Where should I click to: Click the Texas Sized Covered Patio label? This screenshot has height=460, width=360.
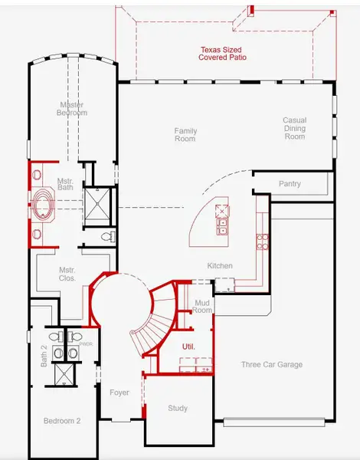pos(222,54)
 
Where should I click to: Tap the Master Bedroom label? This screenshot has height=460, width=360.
pos(72,109)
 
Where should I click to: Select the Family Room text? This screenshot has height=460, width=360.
pos(185,135)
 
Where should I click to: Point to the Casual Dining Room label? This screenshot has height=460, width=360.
pos(295,128)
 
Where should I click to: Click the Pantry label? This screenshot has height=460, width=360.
pos(290,184)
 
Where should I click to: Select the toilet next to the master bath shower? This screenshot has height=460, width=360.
pos(108,236)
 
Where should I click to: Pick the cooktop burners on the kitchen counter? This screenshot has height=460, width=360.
pos(262,242)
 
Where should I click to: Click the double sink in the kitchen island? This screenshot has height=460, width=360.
pos(222,226)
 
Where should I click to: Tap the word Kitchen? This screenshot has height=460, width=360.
pos(220,266)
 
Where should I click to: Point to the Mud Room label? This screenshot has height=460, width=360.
pos(202,306)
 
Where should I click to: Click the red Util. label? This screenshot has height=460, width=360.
pos(188,347)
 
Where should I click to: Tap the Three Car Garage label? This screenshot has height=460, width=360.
pos(272,364)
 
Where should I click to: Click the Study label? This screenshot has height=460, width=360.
pos(178,408)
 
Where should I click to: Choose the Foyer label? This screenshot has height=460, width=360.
pos(119,393)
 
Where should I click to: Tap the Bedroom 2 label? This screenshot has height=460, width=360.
pos(62,421)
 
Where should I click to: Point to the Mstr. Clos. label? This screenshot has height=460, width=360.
pos(67,274)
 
